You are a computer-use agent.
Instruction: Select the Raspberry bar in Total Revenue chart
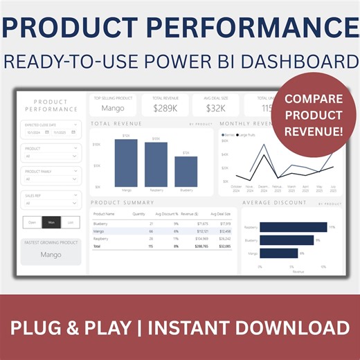pyautogui.click(x=156, y=165)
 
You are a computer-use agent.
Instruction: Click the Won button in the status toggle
pyautogui.click(x=51, y=222)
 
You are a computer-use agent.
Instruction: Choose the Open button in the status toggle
pyautogui.click(x=32, y=222)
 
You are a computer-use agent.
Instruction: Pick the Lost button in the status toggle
pyautogui.click(x=71, y=222)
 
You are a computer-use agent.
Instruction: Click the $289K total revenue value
pyautogui.click(x=165, y=108)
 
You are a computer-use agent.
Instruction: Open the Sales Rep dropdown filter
pyautogui.click(x=51, y=201)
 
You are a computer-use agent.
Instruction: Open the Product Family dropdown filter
pyautogui.click(x=51, y=178)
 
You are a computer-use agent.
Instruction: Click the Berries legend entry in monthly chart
pyautogui.click(x=228, y=135)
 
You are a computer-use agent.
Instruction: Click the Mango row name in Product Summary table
pyautogui.click(x=100, y=231)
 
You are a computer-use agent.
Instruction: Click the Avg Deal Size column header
pyautogui.click(x=220, y=214)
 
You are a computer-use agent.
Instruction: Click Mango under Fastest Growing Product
pyautogui.click(x=51, y=255)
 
